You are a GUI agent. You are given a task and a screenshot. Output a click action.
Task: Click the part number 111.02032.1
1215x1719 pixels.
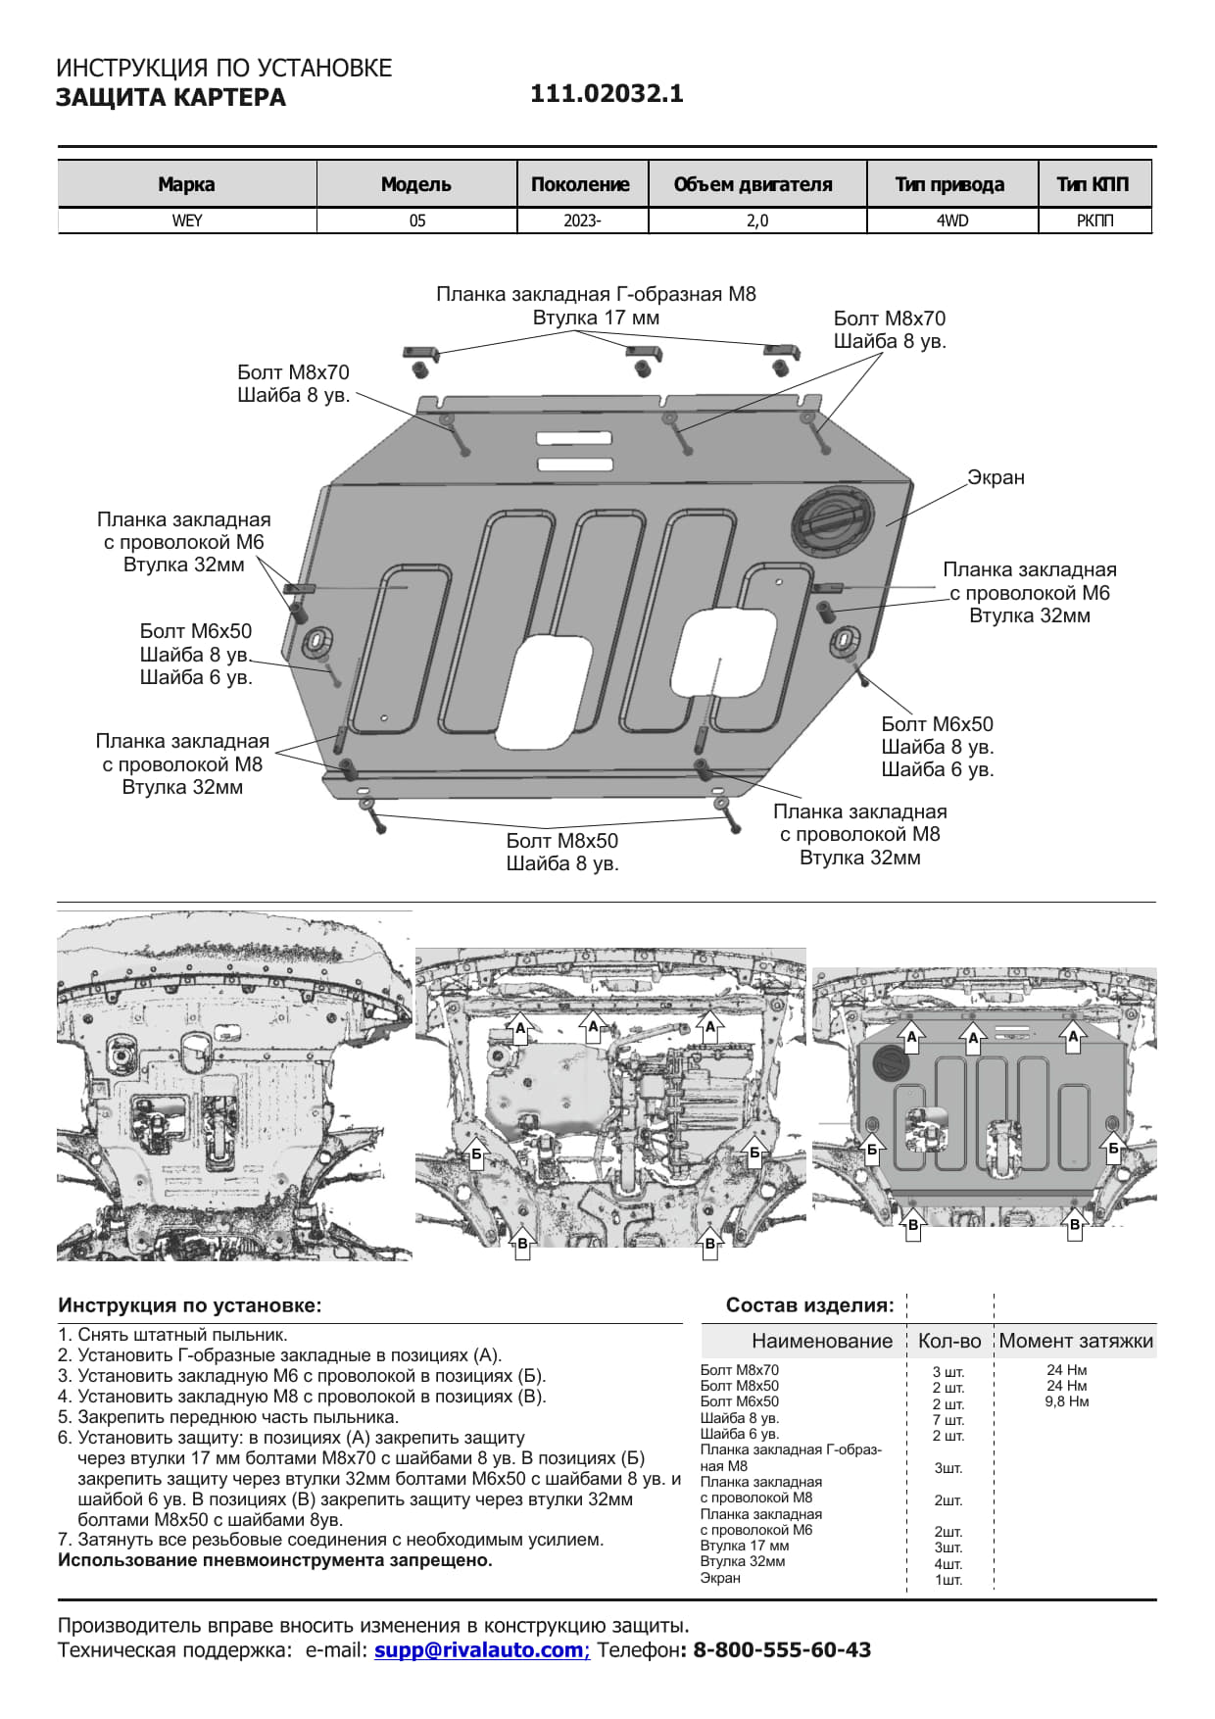607,94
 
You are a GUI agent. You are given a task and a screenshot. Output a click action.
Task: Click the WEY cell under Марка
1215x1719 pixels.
186,221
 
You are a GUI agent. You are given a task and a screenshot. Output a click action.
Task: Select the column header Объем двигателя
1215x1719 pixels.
753,184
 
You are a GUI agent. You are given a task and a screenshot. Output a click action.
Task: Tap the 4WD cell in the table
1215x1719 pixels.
951,221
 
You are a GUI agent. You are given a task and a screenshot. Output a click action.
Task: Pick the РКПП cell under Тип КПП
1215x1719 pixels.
1094,221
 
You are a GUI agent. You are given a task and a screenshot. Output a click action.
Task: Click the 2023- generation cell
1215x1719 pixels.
582,221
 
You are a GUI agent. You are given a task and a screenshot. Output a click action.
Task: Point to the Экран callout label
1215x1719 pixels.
996,477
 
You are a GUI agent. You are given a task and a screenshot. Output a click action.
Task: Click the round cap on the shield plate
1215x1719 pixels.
832,519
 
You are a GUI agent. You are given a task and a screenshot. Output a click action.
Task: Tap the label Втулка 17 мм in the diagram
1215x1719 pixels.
596,318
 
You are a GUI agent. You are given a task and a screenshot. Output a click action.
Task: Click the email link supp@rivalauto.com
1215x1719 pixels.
481,1649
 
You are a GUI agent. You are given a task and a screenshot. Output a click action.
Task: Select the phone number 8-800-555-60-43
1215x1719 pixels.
782,1649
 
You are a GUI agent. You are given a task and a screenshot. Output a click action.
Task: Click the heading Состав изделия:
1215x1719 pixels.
809,1305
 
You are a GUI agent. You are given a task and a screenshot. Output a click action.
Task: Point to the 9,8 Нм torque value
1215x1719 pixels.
1066,1401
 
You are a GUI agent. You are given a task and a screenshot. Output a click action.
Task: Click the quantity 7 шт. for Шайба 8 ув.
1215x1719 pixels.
948,1419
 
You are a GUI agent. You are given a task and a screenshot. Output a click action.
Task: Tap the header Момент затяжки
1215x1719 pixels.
1076,1341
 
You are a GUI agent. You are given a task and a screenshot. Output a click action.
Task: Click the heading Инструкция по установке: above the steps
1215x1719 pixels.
189,1305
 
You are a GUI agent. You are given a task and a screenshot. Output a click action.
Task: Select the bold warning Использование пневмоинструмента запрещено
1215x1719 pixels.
274,1560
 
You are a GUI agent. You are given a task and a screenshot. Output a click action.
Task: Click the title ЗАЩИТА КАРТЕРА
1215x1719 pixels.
170,98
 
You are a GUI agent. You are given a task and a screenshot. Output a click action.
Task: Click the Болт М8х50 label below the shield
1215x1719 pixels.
561,841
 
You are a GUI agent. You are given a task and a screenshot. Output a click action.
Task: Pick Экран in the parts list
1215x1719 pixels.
720,1578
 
